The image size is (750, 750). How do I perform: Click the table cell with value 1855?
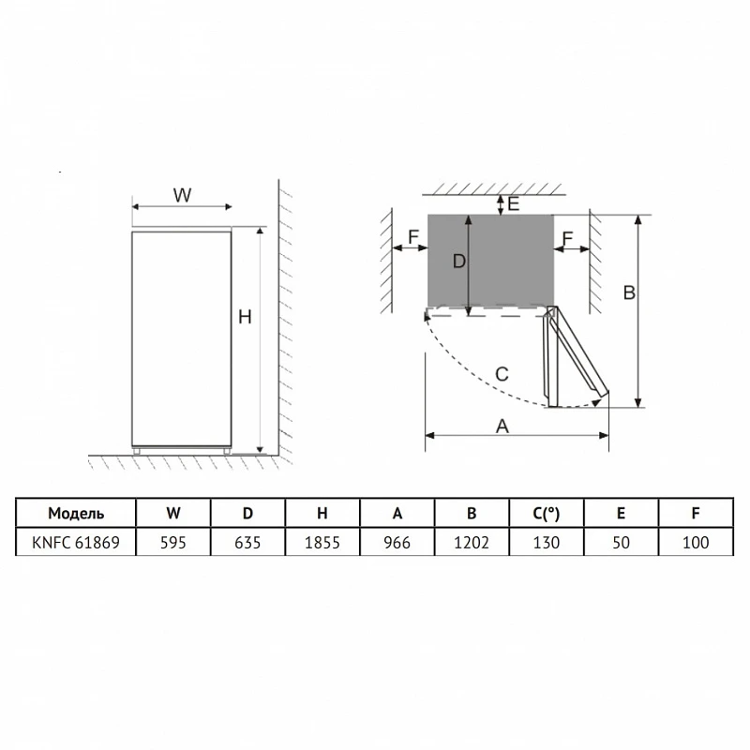pyautogui.click(x=322, y=543)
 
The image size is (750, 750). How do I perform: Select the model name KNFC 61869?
pyautogui.click(x=76, y=543)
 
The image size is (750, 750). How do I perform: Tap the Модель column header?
pyautogui.click(x=76, y=513)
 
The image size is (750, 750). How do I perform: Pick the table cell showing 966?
pyautogui.click(x=397, y=543)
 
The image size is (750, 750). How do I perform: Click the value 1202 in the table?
pyautogui.click(x=472, y=543)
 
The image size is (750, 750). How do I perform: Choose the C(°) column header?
pyautogui.click(x=547, y=513)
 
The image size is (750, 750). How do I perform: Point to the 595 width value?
pyautogui.click(x=173, y=543)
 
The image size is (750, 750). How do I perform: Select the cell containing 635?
pyautogui.click(x=247, y=543)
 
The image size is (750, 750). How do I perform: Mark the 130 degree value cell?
pyautogui.click(x=547, y=543)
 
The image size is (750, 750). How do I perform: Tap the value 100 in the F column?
pyautogui.click(x=696, y=543)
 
